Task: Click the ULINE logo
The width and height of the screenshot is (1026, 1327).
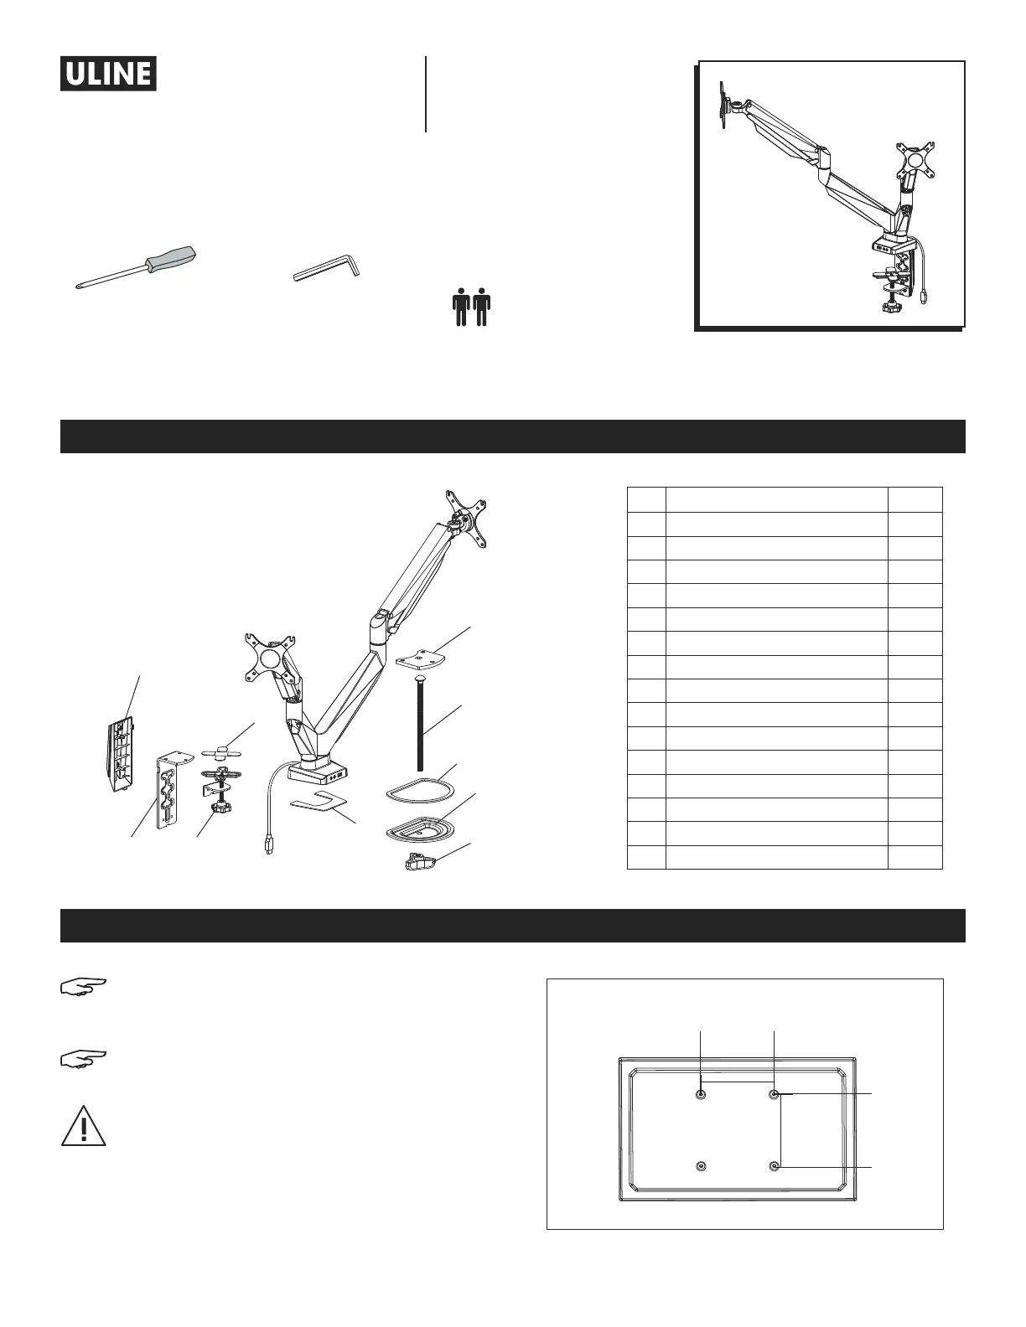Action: pos(108,74)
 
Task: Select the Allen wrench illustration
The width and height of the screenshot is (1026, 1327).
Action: pos(327,269)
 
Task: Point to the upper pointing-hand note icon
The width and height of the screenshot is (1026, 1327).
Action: pos(84,985)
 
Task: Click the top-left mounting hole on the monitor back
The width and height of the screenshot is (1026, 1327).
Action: pos(702,1094)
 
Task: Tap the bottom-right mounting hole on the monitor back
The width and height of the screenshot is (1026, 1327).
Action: pos(775,1166)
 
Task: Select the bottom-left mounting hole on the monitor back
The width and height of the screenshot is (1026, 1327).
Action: pos(702,1166)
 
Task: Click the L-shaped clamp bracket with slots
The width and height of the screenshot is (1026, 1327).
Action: pos(169,789)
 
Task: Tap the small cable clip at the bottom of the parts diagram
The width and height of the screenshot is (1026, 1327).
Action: pos(419,860)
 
